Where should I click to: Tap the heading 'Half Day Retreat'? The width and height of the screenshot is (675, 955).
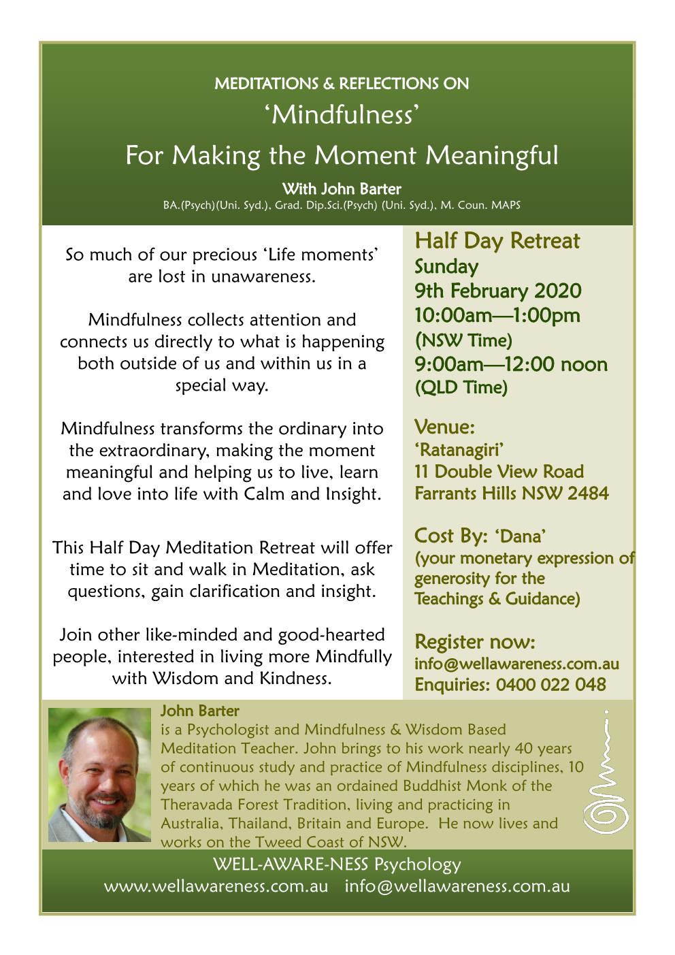pos(497,241)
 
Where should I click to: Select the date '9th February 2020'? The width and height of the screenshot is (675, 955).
pos(497,291)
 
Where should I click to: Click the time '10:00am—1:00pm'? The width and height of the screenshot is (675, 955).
pos(497,316)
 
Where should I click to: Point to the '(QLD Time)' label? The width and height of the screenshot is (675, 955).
pos(461,388)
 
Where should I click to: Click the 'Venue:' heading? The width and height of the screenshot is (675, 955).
pos(444,427)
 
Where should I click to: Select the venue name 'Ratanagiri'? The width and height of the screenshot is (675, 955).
pos(459,450)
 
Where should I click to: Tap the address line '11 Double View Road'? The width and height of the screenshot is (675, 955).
pos(499,472)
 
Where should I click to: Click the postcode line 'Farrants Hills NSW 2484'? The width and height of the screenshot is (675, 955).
pos(511,493)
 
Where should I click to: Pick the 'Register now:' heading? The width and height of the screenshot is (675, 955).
pos(474,642)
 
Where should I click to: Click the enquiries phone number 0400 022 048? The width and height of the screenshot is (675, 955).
pos(550,685)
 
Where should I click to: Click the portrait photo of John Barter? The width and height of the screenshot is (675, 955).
pos(99,775)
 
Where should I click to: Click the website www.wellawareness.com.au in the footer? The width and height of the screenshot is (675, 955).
pos(216,886)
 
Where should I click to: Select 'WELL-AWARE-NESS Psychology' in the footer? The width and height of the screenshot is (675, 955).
pos(337,864)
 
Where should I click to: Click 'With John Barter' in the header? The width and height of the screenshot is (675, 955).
pos(341,189)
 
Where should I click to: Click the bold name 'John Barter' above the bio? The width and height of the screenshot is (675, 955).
pos(199,711)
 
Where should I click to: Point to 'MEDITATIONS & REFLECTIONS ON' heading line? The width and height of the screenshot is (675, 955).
pos(341,84)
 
